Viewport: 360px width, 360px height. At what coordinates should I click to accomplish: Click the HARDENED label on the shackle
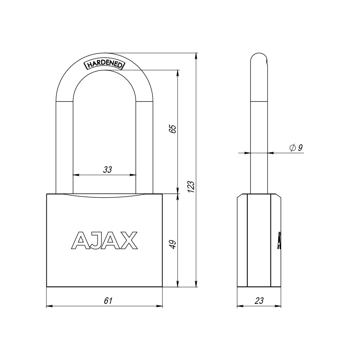click(x=104, y=64)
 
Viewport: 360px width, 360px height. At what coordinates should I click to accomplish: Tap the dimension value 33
click(x=107, y=170)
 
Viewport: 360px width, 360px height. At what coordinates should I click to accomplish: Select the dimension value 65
click(x=173, y=129)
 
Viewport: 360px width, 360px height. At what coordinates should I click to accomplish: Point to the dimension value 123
click(x=191, y=186)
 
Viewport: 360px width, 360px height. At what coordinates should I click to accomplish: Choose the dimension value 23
click(x=259, y=301)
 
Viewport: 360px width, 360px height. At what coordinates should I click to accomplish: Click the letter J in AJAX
click(x=93, y=240)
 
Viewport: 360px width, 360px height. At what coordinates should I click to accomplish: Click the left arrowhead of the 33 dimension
click(x=76, y=175)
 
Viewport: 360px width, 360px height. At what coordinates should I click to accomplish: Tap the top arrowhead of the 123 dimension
click(x=196, y=56)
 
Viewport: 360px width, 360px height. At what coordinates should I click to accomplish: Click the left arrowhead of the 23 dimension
click(x=239, y=306)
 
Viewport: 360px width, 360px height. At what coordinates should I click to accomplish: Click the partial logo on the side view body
click(x=279, y=240)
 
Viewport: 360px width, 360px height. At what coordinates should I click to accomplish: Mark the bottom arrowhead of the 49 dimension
click(x=177, y=284)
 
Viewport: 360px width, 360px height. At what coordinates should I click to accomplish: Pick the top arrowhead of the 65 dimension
click(x=177, y=72)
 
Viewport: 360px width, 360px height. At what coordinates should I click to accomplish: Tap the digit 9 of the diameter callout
click(x=300, y=148)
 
